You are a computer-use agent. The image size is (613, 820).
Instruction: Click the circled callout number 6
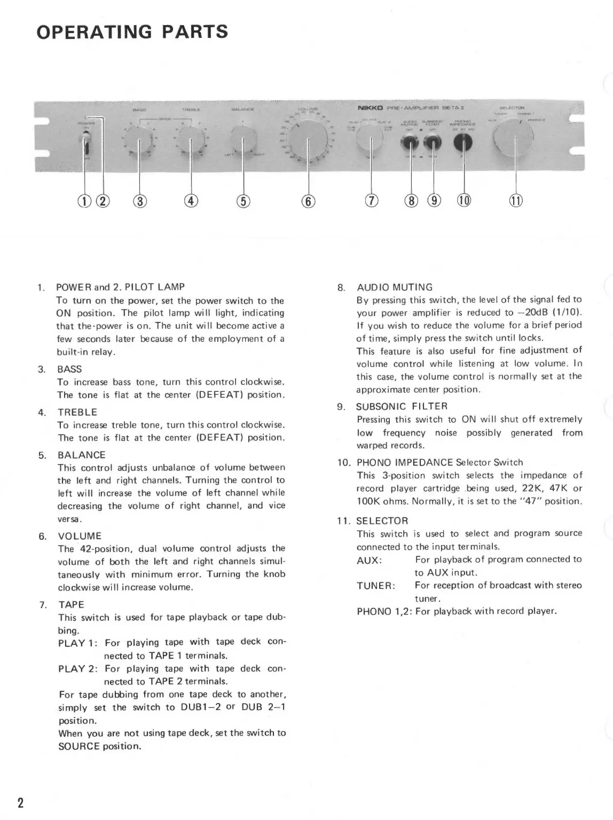[308, 201]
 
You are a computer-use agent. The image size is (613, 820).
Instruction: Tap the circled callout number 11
[516, 201]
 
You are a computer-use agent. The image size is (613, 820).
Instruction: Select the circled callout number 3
[140, 201]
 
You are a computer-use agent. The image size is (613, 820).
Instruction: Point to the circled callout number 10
[464, 201]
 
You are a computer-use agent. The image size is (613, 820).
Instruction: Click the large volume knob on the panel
[308, 139]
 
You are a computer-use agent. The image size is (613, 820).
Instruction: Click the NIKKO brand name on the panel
[368, 107]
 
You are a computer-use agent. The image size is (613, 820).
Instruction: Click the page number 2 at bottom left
[20, 803]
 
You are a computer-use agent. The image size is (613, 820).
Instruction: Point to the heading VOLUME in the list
[80, 536]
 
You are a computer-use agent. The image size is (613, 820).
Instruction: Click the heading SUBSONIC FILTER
[402, 406]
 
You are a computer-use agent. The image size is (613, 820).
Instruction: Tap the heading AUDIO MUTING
[395, 287]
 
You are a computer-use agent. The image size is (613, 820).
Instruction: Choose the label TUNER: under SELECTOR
[376, 586]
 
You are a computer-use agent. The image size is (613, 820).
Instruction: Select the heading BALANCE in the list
[82, 455]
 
